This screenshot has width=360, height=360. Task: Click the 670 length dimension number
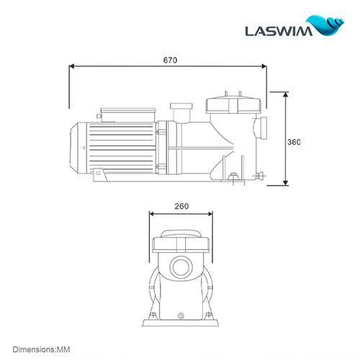tap(169, 60)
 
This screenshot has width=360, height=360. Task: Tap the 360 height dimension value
tap(293, 142)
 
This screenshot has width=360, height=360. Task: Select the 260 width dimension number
tap(181, 206)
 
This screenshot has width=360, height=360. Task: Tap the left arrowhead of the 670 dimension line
tap(71, 66)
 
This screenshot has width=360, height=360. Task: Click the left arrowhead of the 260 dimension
tap(151, 213)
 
